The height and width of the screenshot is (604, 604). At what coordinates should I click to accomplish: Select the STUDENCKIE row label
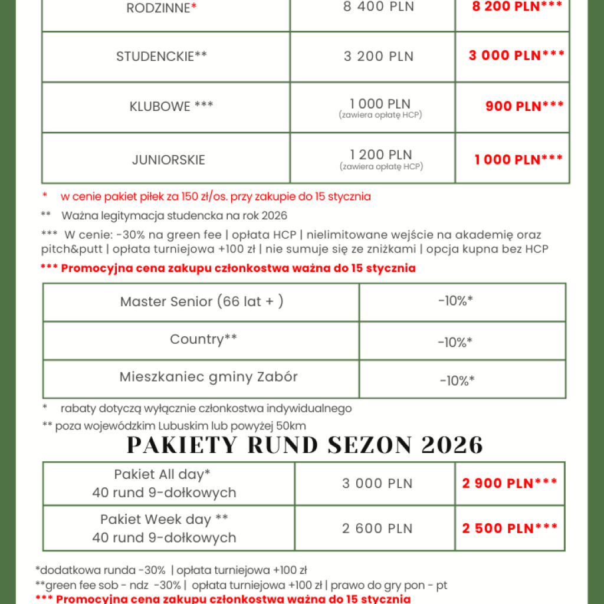tap(162, 57)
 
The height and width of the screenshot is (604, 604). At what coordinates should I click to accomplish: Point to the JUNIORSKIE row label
tap(169, 160)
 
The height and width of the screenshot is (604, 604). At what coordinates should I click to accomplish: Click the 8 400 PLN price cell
tap(379, 7)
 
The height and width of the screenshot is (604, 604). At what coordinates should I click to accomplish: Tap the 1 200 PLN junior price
tap(381, 155)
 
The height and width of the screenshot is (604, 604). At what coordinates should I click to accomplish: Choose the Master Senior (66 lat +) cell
tap(202, 301)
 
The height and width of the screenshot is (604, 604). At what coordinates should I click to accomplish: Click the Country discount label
tap(203, 339)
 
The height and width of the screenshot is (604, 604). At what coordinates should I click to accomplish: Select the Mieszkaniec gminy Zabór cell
tap(208, 376)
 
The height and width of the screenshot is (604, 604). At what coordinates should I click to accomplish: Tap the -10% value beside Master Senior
tap(455, 301)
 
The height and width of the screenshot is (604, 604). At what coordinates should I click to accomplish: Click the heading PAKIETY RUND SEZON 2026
tap(305, 445)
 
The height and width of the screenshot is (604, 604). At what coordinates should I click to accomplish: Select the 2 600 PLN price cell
tap(377, 528)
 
